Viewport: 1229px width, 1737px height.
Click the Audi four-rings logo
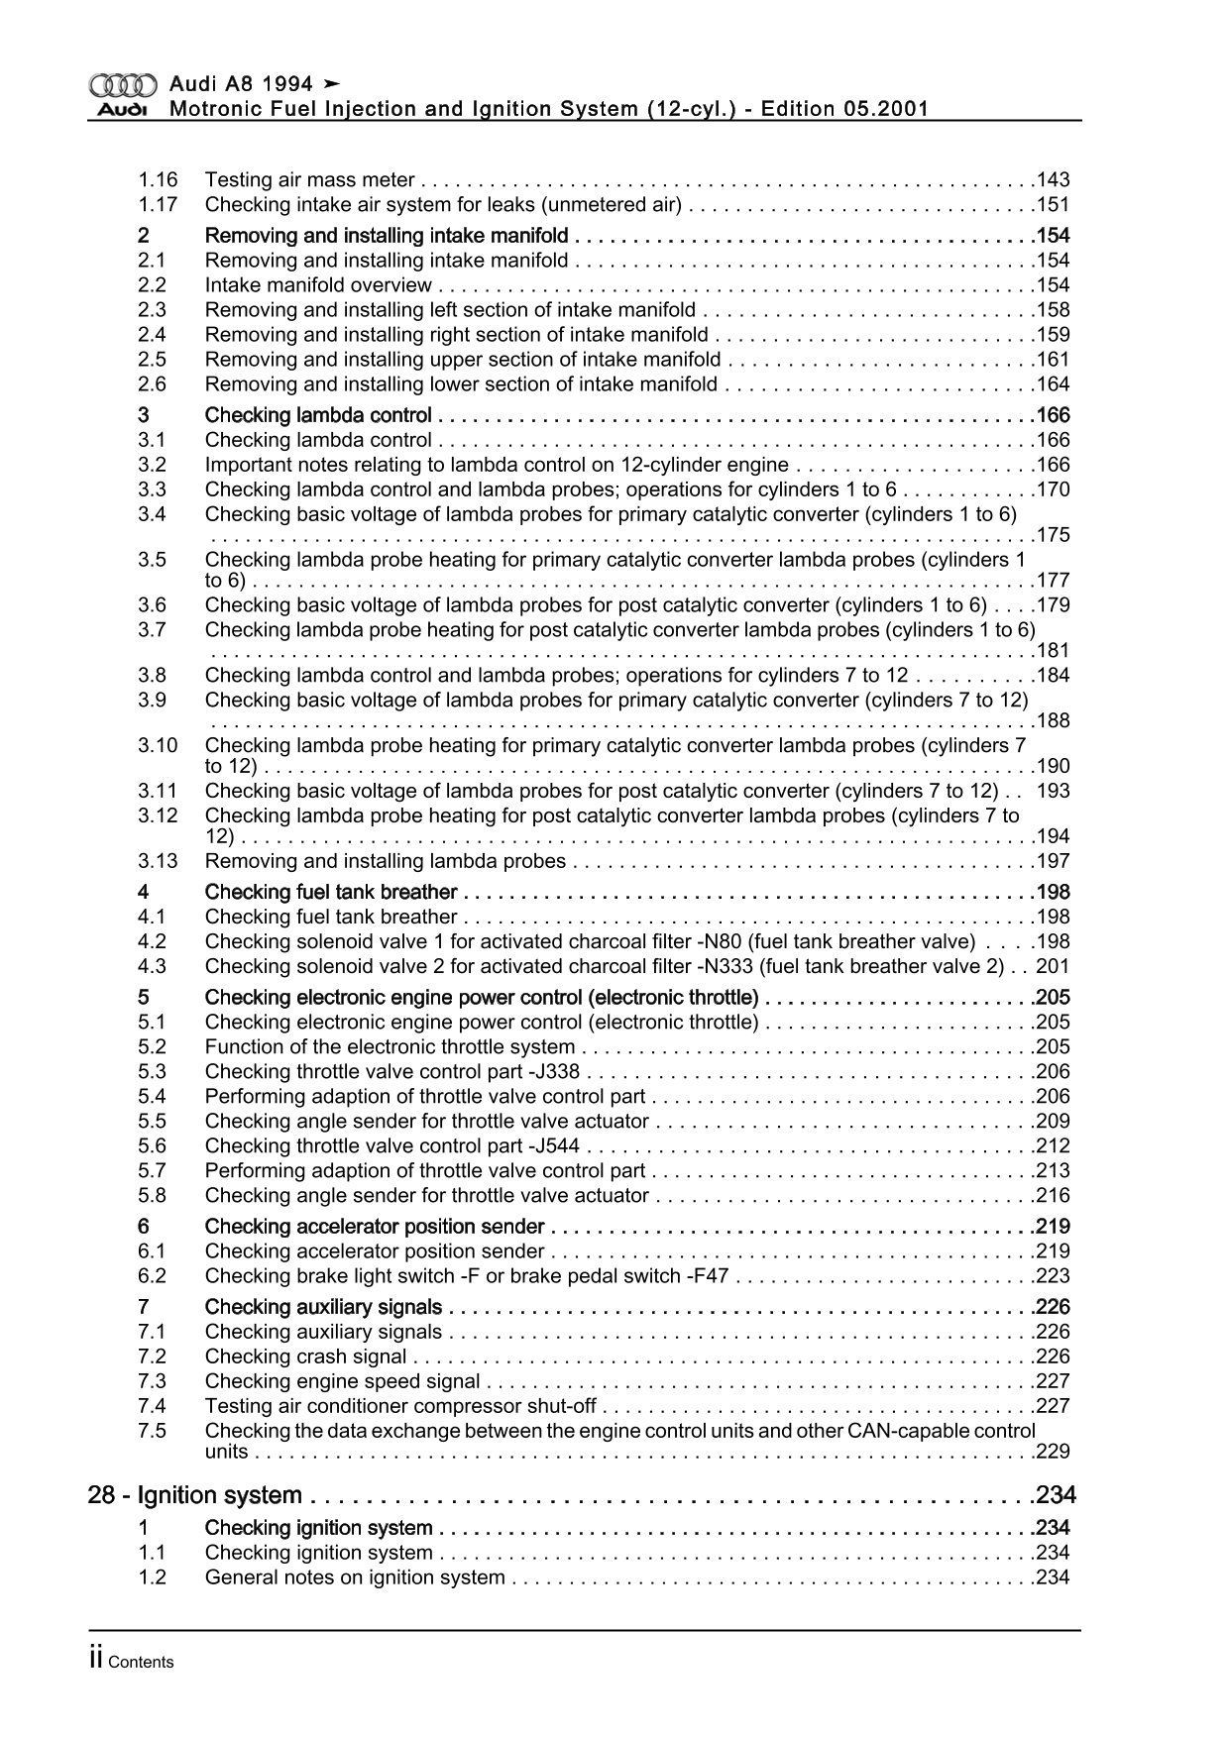(123, 84)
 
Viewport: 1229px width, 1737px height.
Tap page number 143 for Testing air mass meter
(1053, 180)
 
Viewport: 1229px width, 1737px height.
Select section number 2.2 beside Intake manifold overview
(152, 285)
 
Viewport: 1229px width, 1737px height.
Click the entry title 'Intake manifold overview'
(318, 285)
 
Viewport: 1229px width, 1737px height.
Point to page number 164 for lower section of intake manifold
(1053, 384)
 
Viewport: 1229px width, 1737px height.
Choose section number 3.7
(152, 630)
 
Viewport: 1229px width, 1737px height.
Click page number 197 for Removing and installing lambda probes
(1053, 861)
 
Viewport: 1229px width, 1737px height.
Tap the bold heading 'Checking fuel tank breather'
(331, 892)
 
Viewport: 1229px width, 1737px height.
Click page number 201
(1053, 967)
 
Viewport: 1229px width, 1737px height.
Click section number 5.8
(152, 1196)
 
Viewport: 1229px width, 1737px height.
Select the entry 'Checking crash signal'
(305, 1357)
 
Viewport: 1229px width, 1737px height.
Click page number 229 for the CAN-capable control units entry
(1053, 1452)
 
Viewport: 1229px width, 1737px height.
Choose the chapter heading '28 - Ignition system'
(194, 1495)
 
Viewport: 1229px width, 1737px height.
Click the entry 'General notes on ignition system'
(355, 1577)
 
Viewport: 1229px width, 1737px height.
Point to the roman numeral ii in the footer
(96, 1661)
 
